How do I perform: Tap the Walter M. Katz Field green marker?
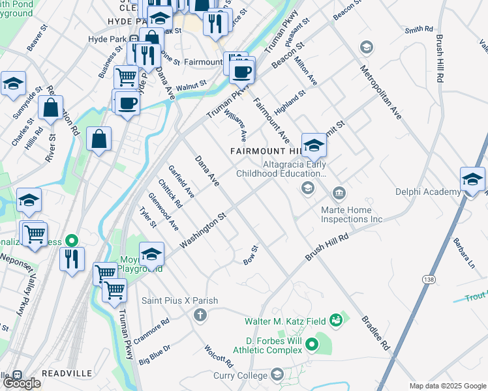tap(336, 320)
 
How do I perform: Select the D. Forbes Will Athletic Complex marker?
tap(312, 343)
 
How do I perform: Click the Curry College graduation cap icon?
tap(277, 374)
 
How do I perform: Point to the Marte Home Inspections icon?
tap(339, 193)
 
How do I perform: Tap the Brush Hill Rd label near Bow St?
tap(327, 249)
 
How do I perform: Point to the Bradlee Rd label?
tap(375, 332)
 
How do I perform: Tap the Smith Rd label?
tap(419, 29)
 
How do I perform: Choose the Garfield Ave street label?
tap(181, 182)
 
